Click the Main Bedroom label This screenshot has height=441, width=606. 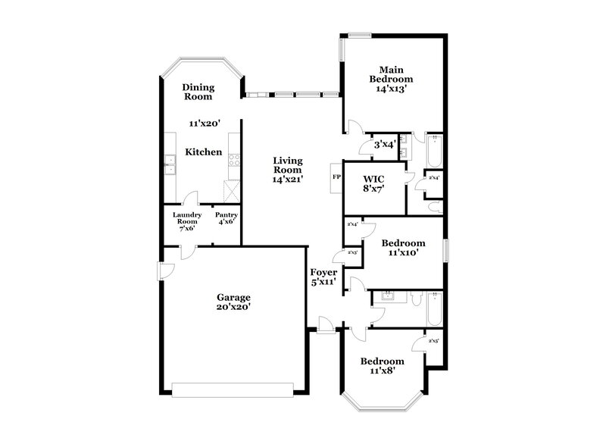pyautogui.click(x=391, y=78)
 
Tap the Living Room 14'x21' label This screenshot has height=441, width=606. pyautogui.click(x=288, y=170)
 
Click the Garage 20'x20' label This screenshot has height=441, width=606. pyautogui.click(x=233, y=302)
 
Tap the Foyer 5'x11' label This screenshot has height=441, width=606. pyautogui.click(x=323, y=277)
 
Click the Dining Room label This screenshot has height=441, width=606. pyautogui.click(x=197, y=92)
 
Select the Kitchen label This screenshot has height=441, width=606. pyautogui.click(x=204, y=152)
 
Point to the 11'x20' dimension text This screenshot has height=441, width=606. pyautogui.click(x=204, y=122)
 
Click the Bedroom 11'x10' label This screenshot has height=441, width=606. pyautogui.click(x=403, y=248)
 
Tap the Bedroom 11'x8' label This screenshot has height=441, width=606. pyautogui.click(x=382, y=365)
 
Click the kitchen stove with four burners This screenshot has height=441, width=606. pyautogui.click(x=234, y=160)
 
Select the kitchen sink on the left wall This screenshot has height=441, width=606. pyautogui.click(x=170, y=161)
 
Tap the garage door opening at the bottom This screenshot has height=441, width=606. pyautogui.click(x=233, y=390)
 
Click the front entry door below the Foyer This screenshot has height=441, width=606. pyautogui.click(x=326, y=326)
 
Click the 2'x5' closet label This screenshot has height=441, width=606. pyautogui.click(x=433, y=341)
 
